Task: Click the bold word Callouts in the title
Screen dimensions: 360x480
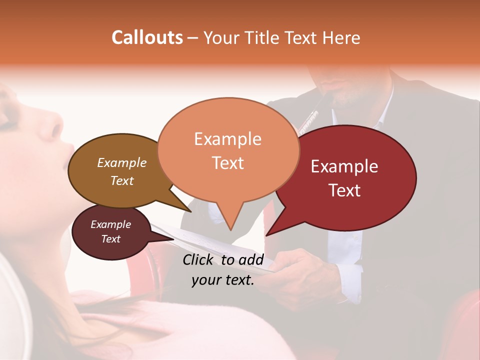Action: (x=147, y=37)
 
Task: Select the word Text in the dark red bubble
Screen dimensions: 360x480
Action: (x=344, y=190)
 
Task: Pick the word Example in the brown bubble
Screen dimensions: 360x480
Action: (x=121, y=162)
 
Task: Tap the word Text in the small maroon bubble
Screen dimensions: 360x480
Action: (x=110, y=239)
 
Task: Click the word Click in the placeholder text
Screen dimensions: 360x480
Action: (x=198, y=259)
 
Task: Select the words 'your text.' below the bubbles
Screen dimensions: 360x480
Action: (x=223, y=280)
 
